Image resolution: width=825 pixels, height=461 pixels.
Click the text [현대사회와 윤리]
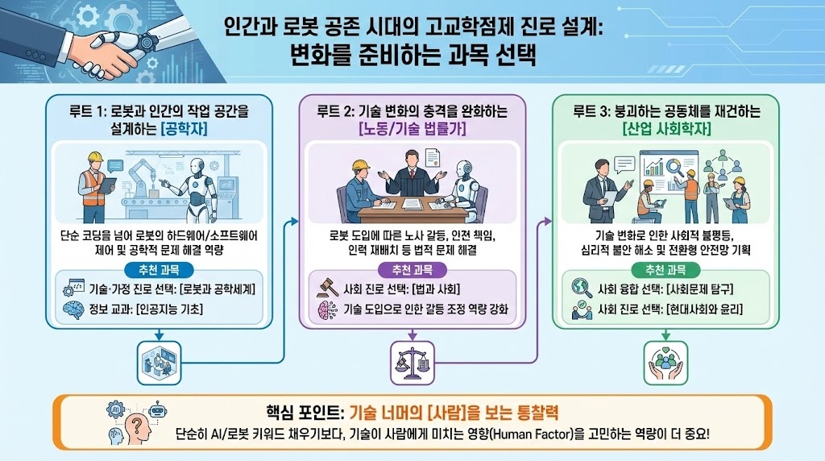pyautogui.click(x=698, y=308)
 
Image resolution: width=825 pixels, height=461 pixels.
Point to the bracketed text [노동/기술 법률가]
pyautogui.click(x=412, y=129)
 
